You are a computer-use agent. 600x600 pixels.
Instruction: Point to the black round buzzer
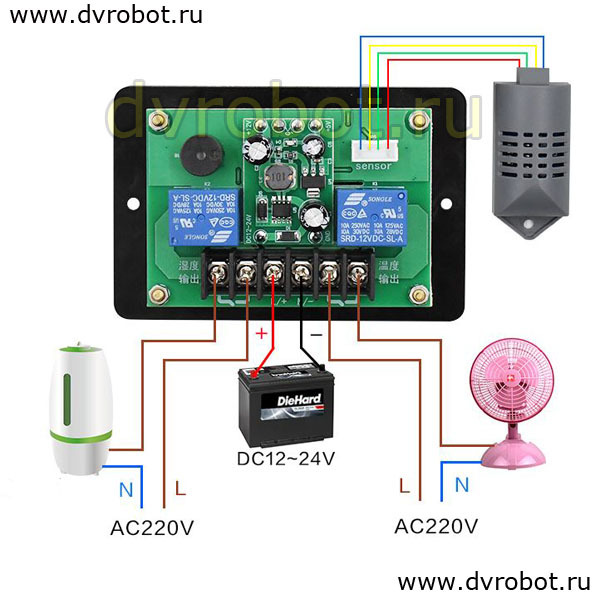coord(199,150)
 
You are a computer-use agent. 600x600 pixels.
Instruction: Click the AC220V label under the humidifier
coord(152,527)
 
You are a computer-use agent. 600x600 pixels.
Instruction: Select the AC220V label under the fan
coord(436,525)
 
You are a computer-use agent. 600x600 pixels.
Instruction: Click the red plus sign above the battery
coord(264,333)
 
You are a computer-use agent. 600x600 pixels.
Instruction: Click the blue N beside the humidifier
coord(125,490)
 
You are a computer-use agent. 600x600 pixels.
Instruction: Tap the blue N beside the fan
coord(462,486)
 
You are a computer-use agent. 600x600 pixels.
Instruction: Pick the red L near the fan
coord(404,486)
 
